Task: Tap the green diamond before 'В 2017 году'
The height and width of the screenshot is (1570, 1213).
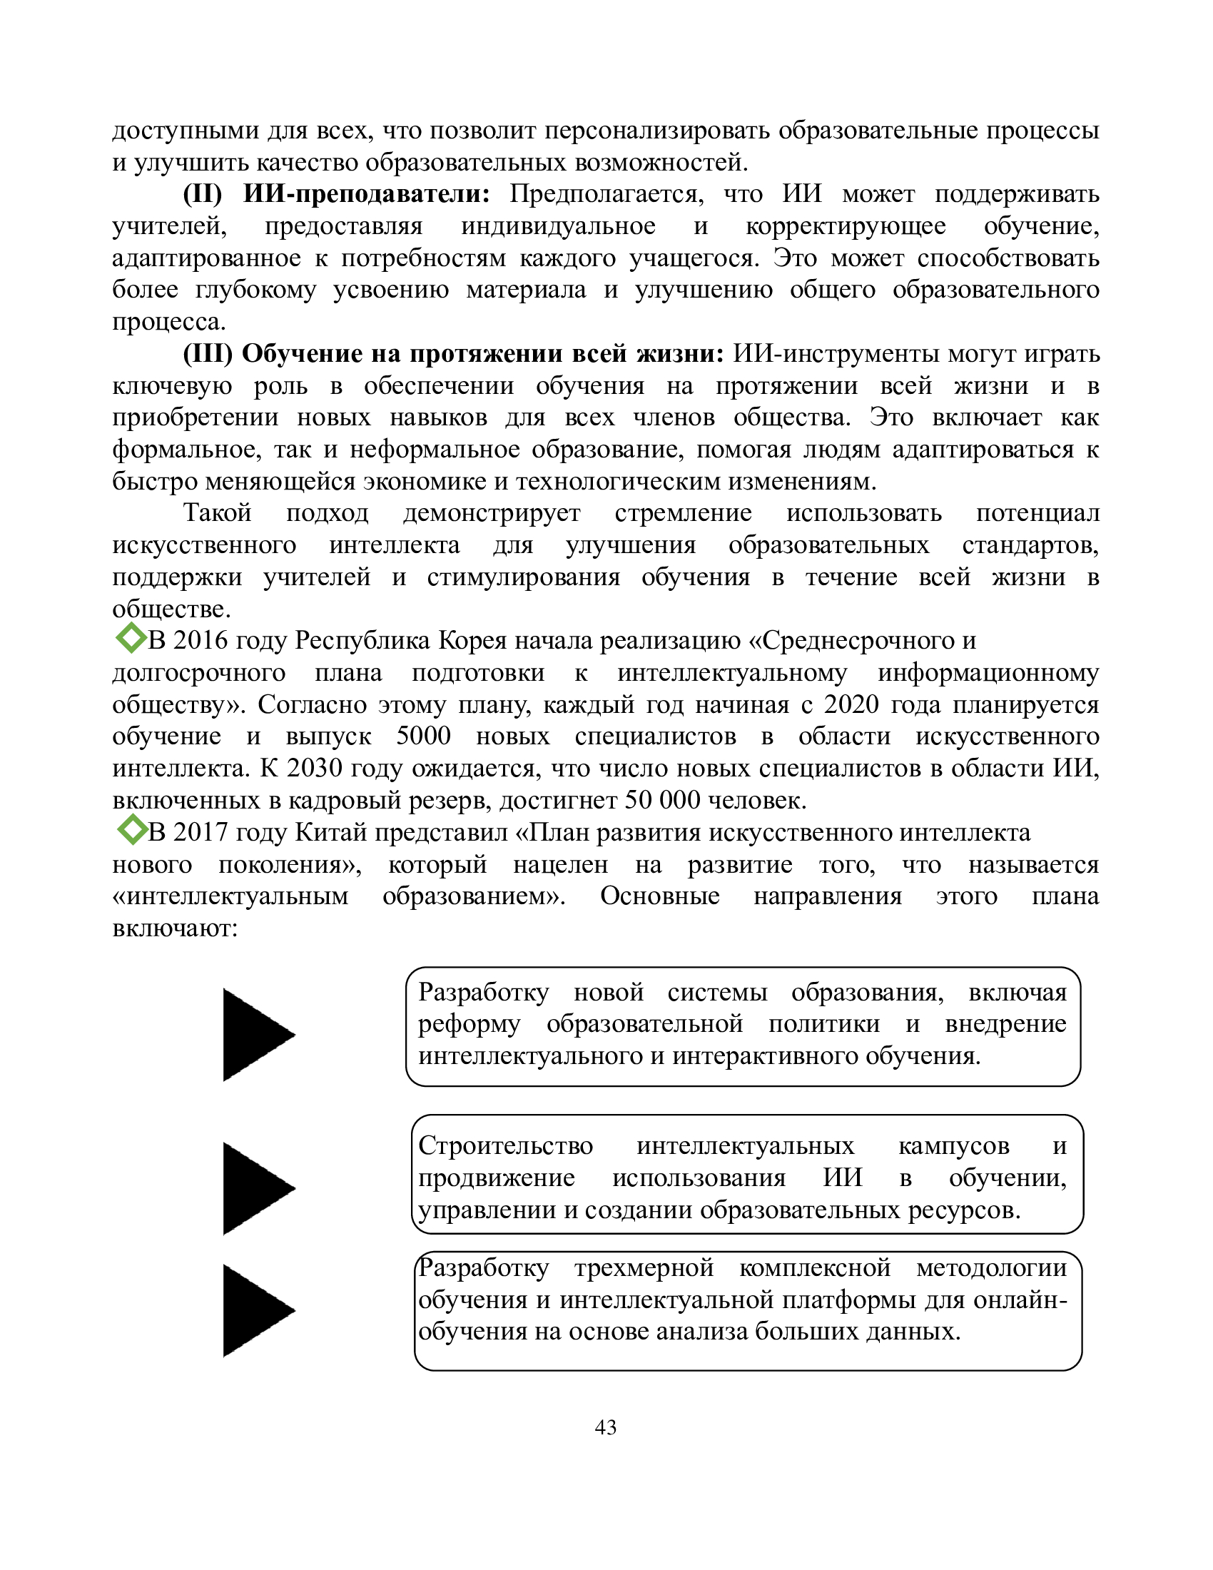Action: (x=131, y=829)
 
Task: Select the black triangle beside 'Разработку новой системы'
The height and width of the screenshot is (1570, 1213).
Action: (x=258, y=1035)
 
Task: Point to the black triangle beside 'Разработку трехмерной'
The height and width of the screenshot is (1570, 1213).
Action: (x=258, y=1310)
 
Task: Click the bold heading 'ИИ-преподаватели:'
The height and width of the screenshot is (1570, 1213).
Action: (x=367, y=194)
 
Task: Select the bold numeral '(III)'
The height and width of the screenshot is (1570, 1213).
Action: (x=208, y=354)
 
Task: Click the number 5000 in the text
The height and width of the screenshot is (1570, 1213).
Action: (x=423, y=736)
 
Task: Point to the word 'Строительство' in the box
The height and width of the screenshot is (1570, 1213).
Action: (x=505, y=1145)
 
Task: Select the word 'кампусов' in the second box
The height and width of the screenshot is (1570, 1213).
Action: (x=953, y=1145)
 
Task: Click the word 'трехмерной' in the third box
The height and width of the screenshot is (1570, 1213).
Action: (x=644, y=1268)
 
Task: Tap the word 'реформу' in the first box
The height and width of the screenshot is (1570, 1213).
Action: (x=470, y=1023)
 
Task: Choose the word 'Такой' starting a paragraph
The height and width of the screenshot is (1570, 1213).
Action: (x=217, y=512)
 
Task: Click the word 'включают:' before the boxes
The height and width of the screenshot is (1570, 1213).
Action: (x=175, y=928)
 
